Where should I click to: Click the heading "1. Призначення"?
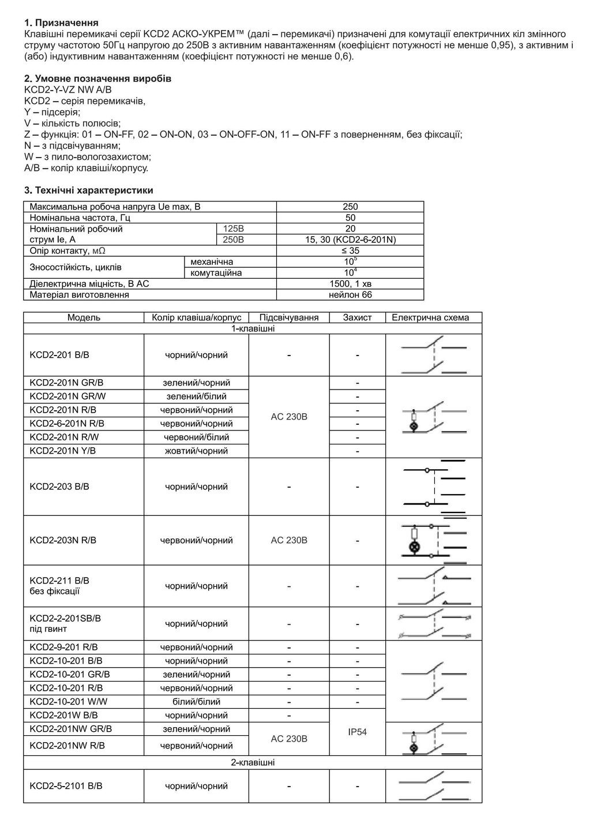pos(62,23)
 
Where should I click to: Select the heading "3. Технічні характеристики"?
pos(88,190)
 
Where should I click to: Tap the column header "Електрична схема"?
pos(433,317)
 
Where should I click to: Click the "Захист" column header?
pos(357,317)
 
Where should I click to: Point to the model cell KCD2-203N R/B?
pos(63,540)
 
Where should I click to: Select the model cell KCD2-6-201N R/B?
pos(67,424)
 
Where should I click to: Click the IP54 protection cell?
pos(357,732)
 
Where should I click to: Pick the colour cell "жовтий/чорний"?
pos(196,451)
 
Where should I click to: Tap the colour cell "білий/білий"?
pos(196,702)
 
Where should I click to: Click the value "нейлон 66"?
pos(350,294)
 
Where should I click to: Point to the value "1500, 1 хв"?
pos(350,283)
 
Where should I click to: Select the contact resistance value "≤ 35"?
pos(350,250)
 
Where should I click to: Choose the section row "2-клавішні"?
pos(253,762)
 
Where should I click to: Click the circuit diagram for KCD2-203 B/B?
pos(434,486)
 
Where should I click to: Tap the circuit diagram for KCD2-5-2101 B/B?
pos(434,786)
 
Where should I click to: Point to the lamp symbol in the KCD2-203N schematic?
pos(414,547)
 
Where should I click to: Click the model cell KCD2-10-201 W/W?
pos(69,702)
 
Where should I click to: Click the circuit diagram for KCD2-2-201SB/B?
pos(434,624)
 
